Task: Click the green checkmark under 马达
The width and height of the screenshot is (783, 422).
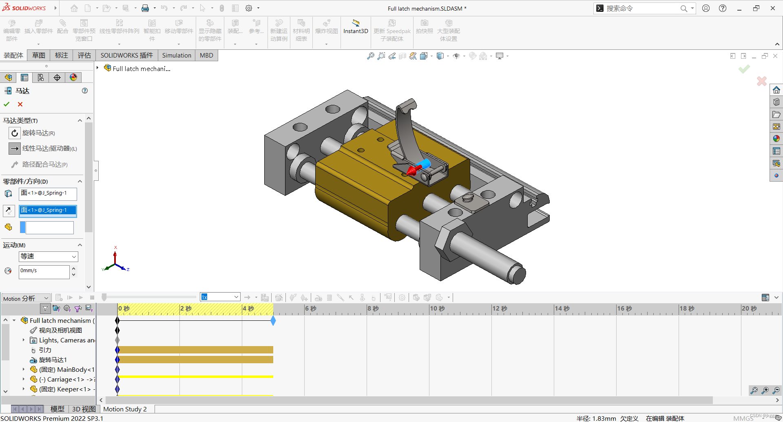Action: tap(7, 104)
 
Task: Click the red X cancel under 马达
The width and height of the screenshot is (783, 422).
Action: tap(20, 104)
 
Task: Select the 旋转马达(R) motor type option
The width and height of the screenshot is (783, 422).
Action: tap(38, 133)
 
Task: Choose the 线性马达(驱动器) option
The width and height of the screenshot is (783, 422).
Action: tap(49, 149)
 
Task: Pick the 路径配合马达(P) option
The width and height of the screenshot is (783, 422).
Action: tap(44, 164)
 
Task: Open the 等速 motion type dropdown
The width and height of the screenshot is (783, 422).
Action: tap(48, 256)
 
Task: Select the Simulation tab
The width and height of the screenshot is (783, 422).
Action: tap(176, 56)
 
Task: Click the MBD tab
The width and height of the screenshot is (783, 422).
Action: tap(206, 56)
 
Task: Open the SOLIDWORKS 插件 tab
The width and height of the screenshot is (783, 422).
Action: tap(126, 56)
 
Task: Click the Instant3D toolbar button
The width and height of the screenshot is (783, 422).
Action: tap(356, 27)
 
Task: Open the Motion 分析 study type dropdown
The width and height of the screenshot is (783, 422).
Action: tap(26, 298)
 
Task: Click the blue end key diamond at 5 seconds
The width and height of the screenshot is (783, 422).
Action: tap(273, 321)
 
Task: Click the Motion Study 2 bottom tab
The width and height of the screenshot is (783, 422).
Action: tap(125, 409)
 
